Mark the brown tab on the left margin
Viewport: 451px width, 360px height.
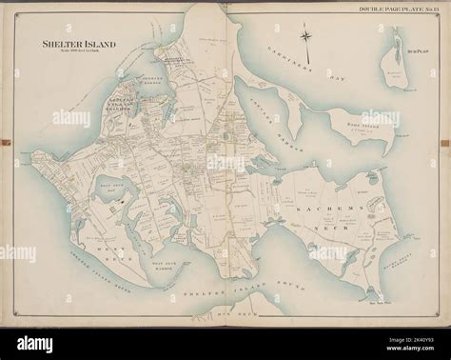tap(5, 143)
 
